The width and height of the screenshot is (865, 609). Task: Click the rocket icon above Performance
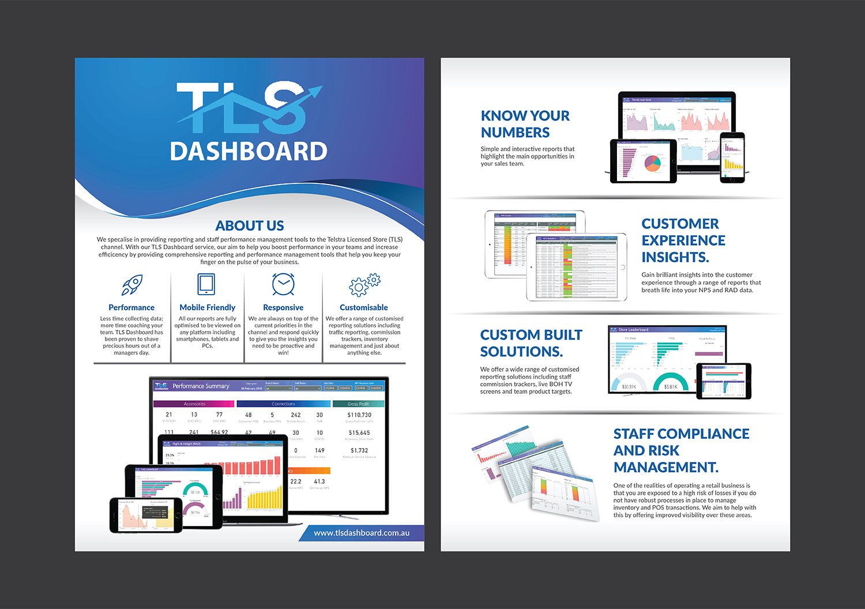tap(132, 284)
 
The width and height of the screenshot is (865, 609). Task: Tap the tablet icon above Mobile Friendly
tap(206, 284)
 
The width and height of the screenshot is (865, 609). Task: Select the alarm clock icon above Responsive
tap(283, 284)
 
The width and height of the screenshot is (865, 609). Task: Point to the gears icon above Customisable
tap(364, 284)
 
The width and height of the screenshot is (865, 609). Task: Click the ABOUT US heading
tap(250, 225)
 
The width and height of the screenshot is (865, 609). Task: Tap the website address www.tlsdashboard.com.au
tap(362, 533)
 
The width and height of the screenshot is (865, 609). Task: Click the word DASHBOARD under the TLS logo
tap(249, 151)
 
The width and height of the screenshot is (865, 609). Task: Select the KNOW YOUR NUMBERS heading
tap(525, 124)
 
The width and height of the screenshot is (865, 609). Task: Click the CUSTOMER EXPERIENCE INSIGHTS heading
tap(683, 240)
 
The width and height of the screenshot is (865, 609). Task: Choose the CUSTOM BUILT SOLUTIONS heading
tap(531, 343)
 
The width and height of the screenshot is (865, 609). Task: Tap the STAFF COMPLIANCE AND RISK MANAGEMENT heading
tap(680, 450)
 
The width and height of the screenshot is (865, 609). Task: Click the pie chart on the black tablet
tap(652, 163)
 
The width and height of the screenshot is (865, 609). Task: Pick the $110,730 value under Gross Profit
tap(359, 415)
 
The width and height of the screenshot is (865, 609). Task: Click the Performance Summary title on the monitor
tap(201, 386)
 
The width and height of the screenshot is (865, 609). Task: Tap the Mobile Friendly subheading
tap(208, 307)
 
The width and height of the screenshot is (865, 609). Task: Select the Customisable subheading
tap(364, 307)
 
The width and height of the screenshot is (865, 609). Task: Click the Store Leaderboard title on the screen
tap(633, 330)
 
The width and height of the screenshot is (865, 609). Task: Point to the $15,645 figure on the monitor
tap(359, 433)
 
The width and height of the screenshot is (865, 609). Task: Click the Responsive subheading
tap(283, 307)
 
